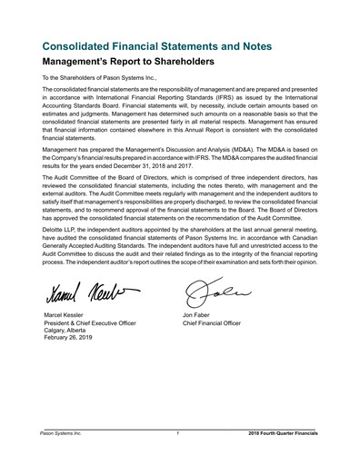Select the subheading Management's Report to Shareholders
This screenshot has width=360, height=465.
coord(127,64)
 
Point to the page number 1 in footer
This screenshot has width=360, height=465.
coord(178,434)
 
